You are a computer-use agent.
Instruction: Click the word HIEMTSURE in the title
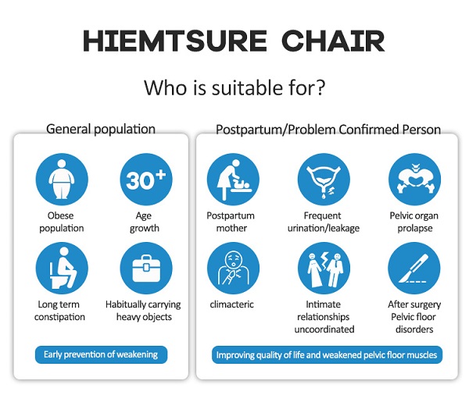174,41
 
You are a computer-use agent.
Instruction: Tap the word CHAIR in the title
333,41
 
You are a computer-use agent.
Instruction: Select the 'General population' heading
101,130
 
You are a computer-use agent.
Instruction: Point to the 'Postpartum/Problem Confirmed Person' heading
328,130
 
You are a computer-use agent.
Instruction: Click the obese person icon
62,180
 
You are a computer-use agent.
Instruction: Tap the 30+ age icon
146,180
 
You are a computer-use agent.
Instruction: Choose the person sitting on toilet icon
62,268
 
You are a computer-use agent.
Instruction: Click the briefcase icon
146,268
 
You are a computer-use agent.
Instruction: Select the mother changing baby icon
233,180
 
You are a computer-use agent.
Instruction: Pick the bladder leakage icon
324,180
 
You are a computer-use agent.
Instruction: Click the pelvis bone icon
414,180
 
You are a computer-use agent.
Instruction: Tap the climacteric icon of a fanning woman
233,268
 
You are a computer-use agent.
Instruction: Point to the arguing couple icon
324,268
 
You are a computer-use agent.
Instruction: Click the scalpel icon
414,268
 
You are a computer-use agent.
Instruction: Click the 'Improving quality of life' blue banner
327,355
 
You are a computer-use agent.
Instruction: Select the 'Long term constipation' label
59,311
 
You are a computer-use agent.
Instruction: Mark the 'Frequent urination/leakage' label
324,222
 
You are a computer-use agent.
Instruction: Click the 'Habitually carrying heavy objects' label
143,311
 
